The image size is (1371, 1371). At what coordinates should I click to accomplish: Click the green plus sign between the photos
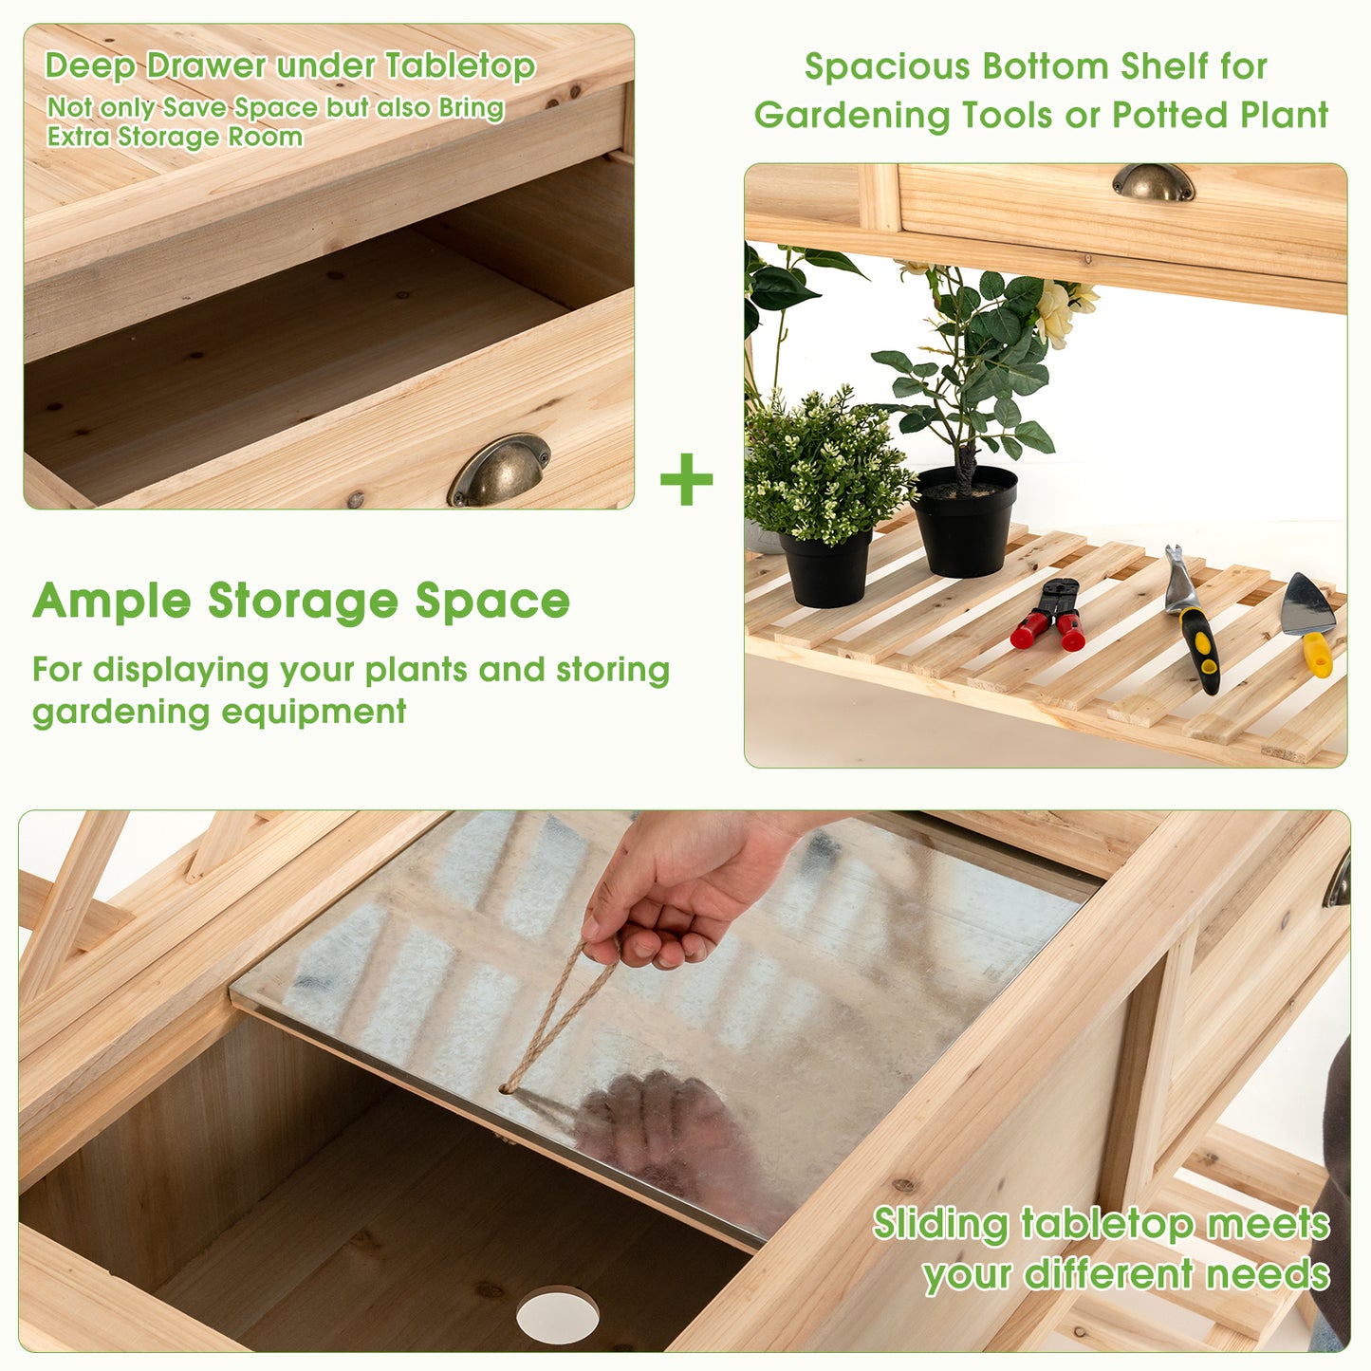(x=686, y=479)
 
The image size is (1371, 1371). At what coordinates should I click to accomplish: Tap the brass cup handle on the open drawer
(x=499, y=469)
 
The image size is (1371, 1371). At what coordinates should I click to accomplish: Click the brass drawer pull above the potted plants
(x=1154, y=181)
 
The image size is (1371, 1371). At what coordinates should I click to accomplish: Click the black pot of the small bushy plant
(x=826, y=568)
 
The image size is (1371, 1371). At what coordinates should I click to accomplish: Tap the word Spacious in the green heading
(x=887, y=66)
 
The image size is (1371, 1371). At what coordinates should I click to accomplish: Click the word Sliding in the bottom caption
(x=940, y=1225)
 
